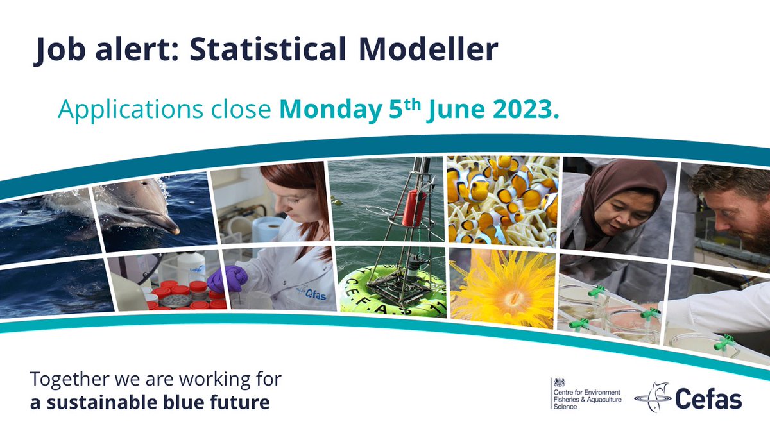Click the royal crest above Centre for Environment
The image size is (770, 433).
558,382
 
